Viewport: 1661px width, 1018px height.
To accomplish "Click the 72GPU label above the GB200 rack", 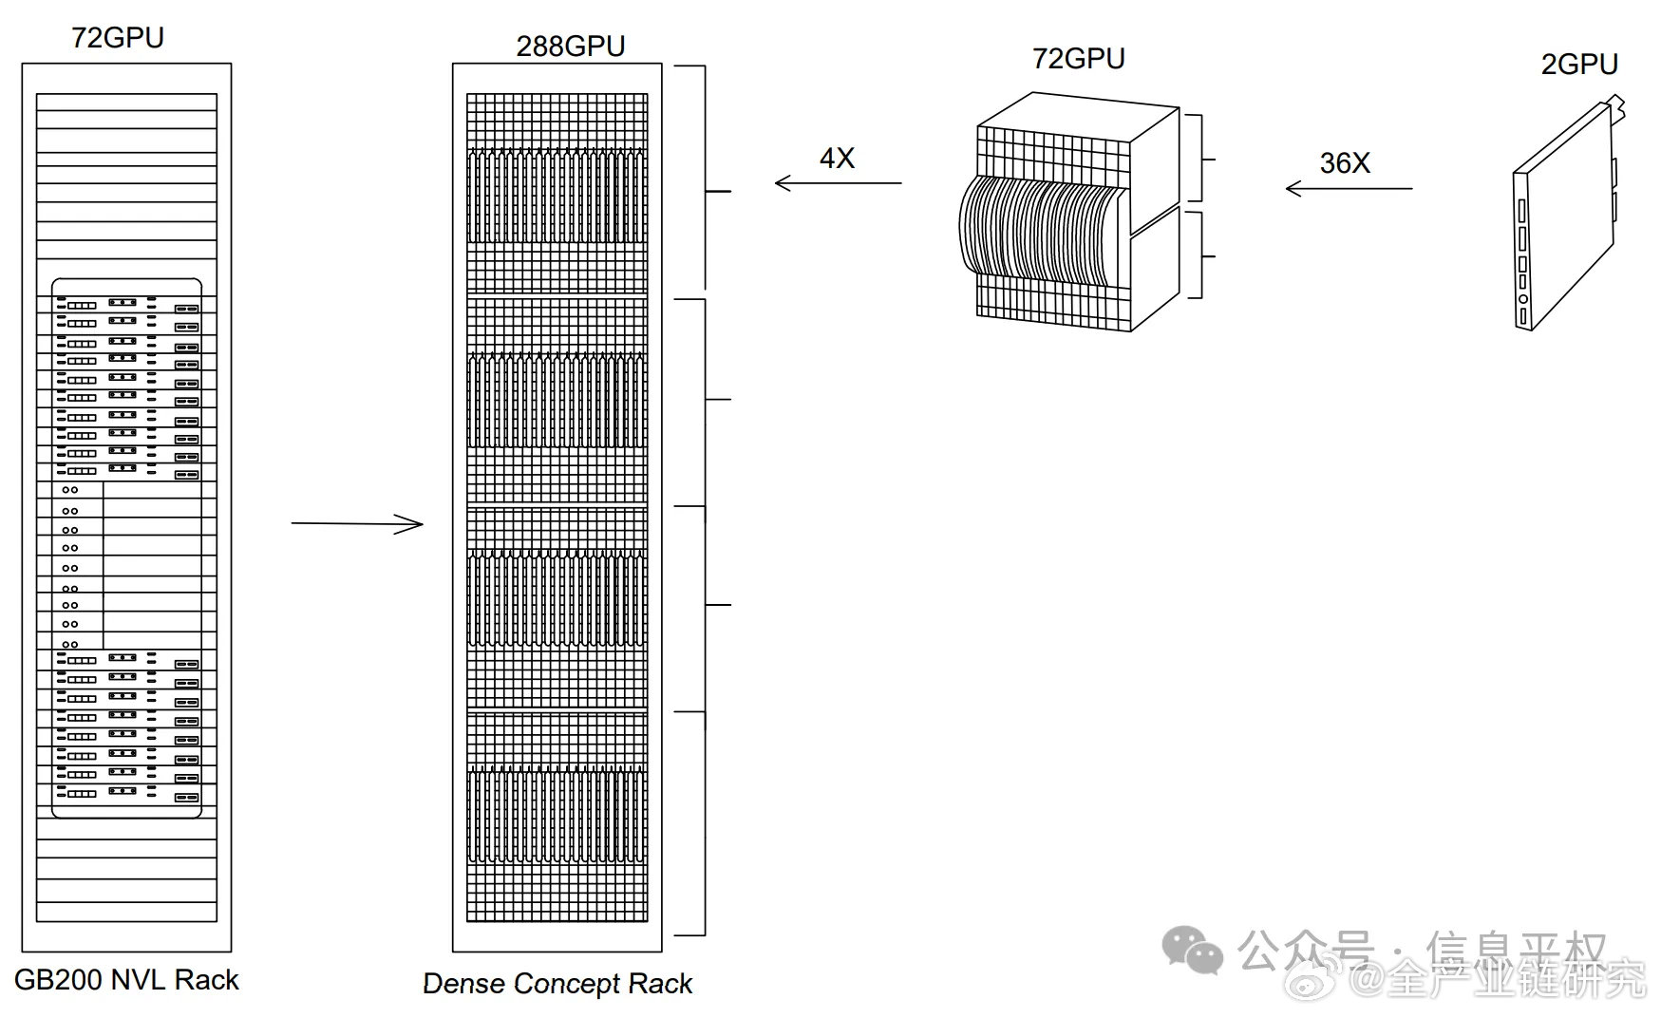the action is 118,38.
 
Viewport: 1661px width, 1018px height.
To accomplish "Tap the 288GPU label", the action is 571,47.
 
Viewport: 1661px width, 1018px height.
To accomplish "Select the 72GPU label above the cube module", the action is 1079,59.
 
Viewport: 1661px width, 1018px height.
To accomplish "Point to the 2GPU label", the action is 1579,65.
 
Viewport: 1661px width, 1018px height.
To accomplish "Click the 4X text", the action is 838,159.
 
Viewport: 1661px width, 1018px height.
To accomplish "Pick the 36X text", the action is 1345,163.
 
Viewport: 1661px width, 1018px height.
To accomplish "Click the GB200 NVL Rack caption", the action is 126,980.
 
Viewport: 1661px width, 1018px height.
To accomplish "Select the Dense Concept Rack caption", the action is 557,984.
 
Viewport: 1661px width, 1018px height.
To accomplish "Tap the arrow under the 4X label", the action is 839,183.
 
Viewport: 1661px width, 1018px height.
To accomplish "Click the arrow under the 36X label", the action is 1350,188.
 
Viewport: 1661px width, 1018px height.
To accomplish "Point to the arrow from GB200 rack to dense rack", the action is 357,523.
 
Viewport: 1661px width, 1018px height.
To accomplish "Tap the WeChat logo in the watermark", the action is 1194,950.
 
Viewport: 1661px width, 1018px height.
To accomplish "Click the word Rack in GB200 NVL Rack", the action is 207,980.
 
